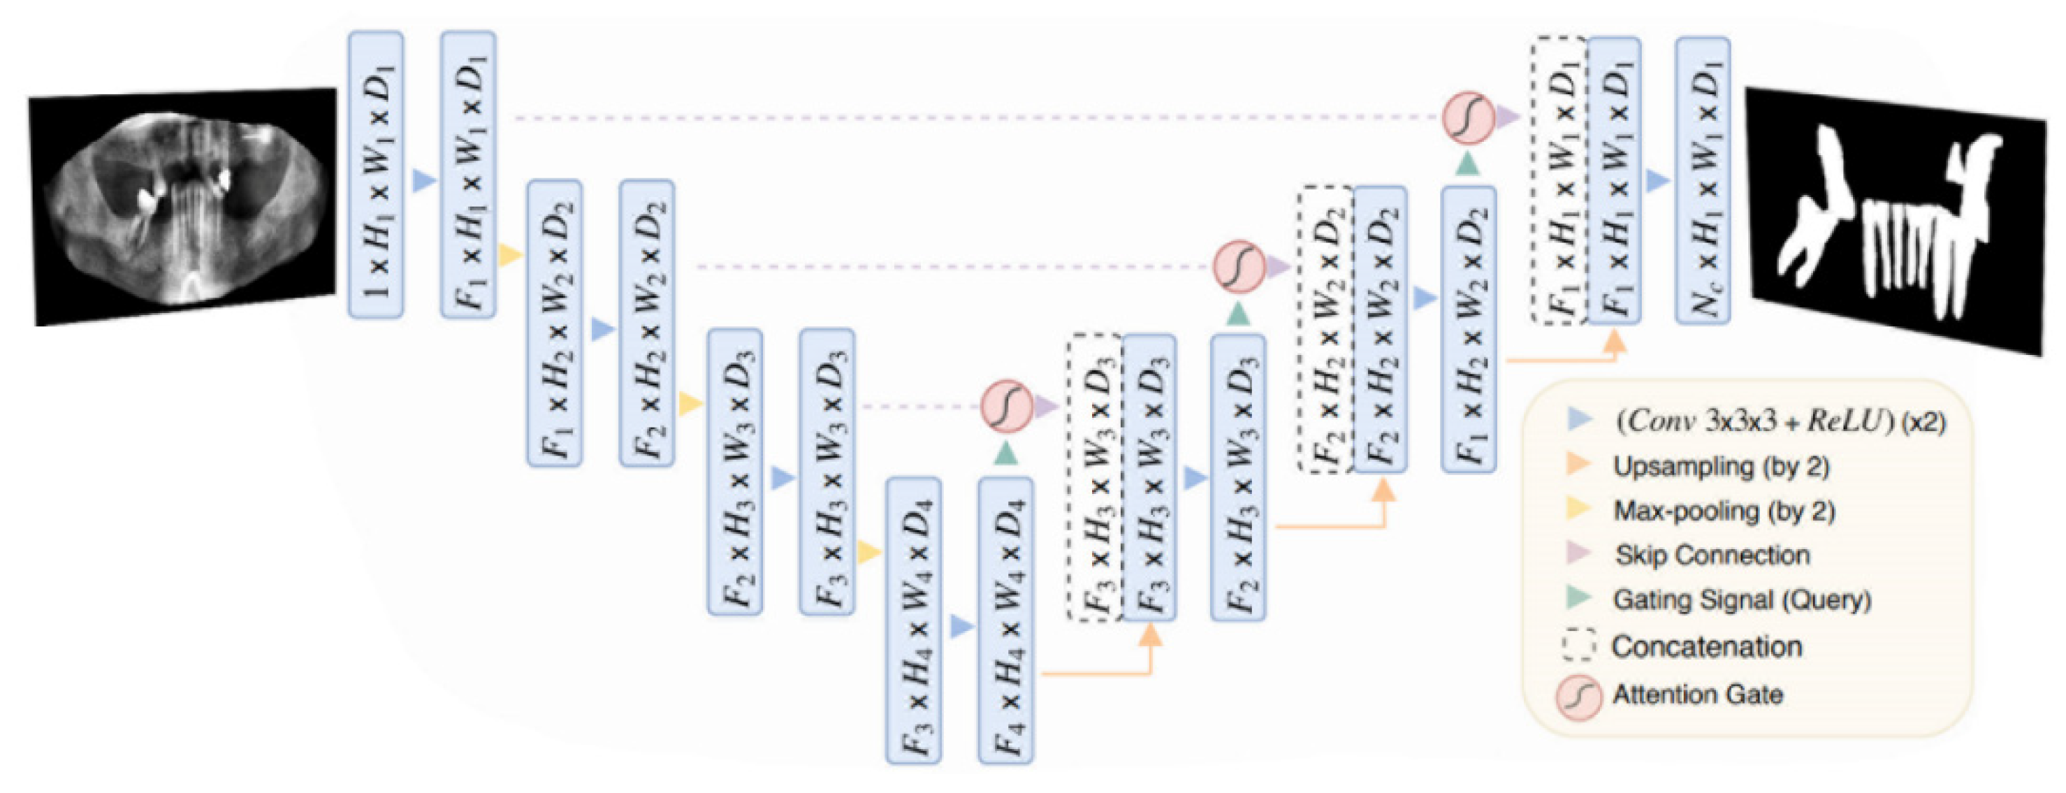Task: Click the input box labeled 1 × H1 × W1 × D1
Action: [x=375, y=175]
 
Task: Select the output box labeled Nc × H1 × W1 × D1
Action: [x=1702, y=180]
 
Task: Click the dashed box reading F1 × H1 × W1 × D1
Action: [x=1557, y=180]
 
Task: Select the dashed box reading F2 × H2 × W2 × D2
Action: [x=1325, y=329]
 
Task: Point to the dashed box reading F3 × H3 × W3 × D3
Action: [x=1094, y=478]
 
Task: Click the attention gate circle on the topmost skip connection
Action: [x=1468, y=117]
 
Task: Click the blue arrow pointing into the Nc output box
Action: [x=1657, y=180]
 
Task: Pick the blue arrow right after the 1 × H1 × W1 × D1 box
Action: [x=423, y=180]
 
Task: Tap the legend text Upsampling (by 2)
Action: [x=1721, y=467]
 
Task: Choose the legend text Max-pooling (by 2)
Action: [x=1724, y=511]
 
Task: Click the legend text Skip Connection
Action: [x=1712, y=555]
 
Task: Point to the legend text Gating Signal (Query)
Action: [x=1742, y=599]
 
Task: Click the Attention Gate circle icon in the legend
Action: [x=1578, y=696]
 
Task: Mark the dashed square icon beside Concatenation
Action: [x=1578, y=645]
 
